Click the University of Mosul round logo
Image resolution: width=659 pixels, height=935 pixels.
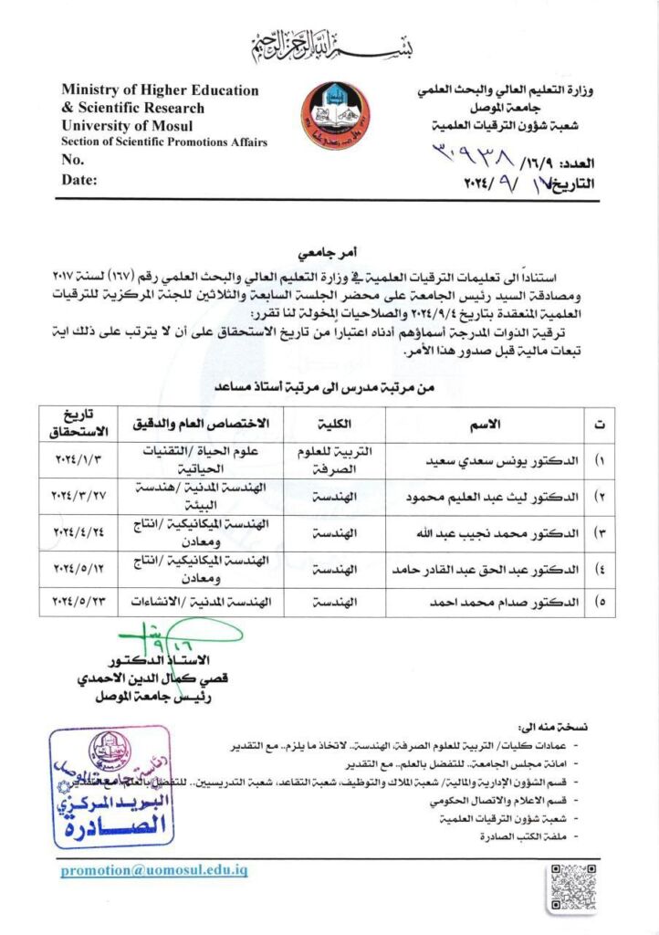click(337, 117)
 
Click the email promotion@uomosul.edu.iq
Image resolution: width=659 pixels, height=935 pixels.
click(154, 870)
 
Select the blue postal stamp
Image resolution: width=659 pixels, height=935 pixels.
click(110, 786)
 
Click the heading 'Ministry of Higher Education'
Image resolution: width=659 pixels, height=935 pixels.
click(160, 90)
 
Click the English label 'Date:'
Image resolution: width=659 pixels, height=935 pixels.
click(79, 180)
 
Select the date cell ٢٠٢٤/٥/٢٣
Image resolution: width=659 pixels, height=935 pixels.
click(78, 602)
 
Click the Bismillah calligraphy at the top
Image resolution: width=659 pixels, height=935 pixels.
click(329, 41)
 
